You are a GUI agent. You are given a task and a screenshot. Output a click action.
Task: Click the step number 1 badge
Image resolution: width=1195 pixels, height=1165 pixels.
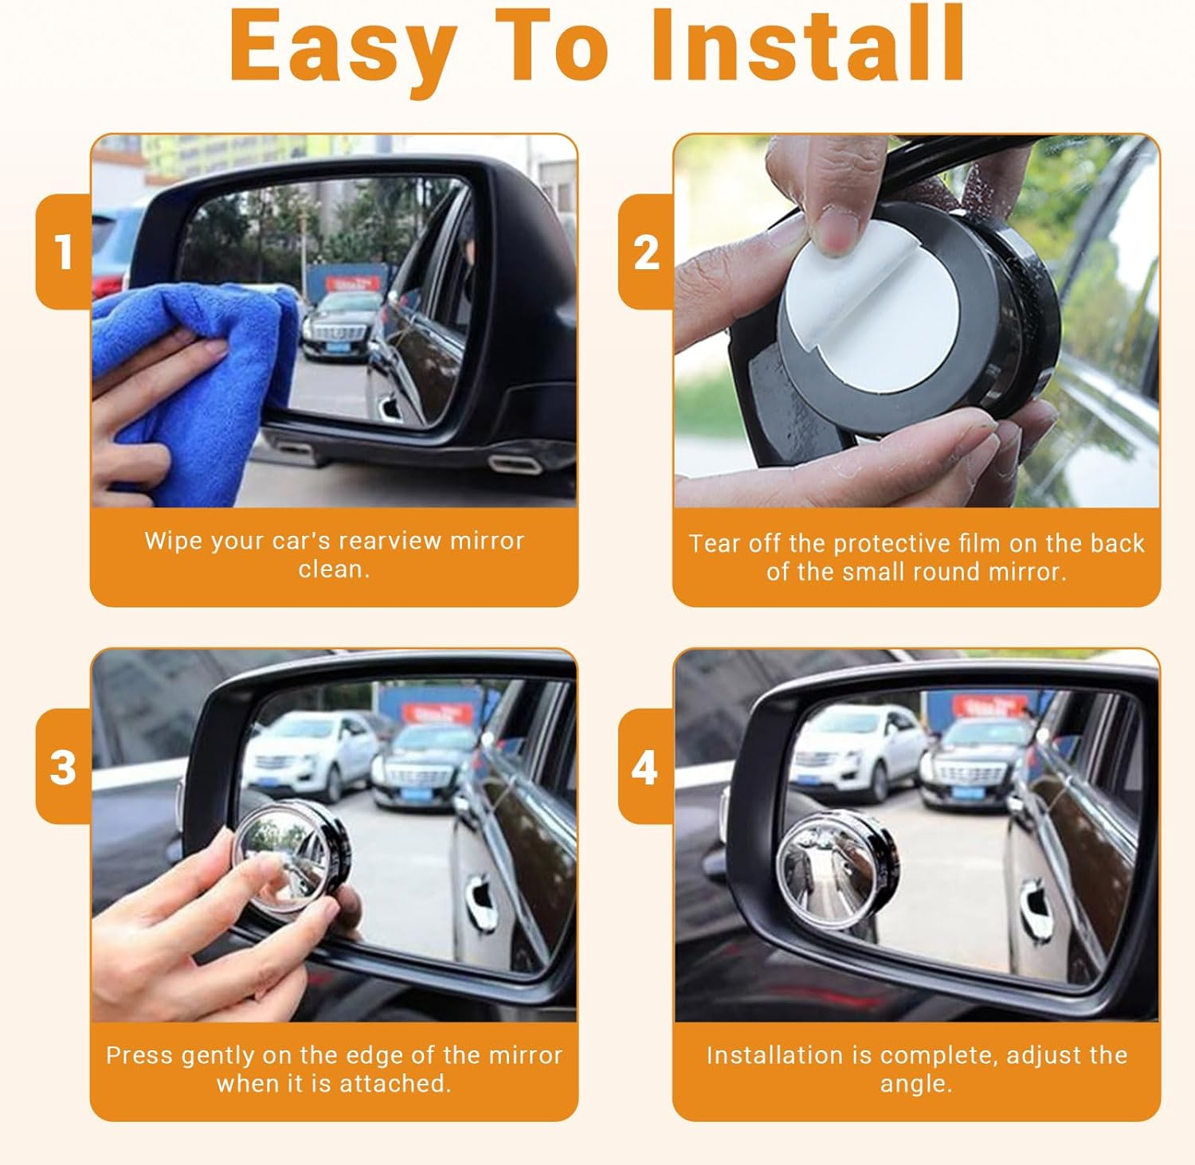click(64, 252)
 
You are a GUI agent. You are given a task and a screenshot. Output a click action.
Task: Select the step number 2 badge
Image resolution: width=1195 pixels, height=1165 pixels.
click(646, 252)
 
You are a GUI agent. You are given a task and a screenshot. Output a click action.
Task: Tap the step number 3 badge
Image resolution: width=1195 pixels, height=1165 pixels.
click(64, 767)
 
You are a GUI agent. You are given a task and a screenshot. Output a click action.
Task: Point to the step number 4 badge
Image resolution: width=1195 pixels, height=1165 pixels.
click(645, 767)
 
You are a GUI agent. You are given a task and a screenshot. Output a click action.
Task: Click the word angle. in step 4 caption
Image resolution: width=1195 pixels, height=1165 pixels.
click(916, 1084)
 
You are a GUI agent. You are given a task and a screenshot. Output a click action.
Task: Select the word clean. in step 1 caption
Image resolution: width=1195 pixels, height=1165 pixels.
click(334, 569)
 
